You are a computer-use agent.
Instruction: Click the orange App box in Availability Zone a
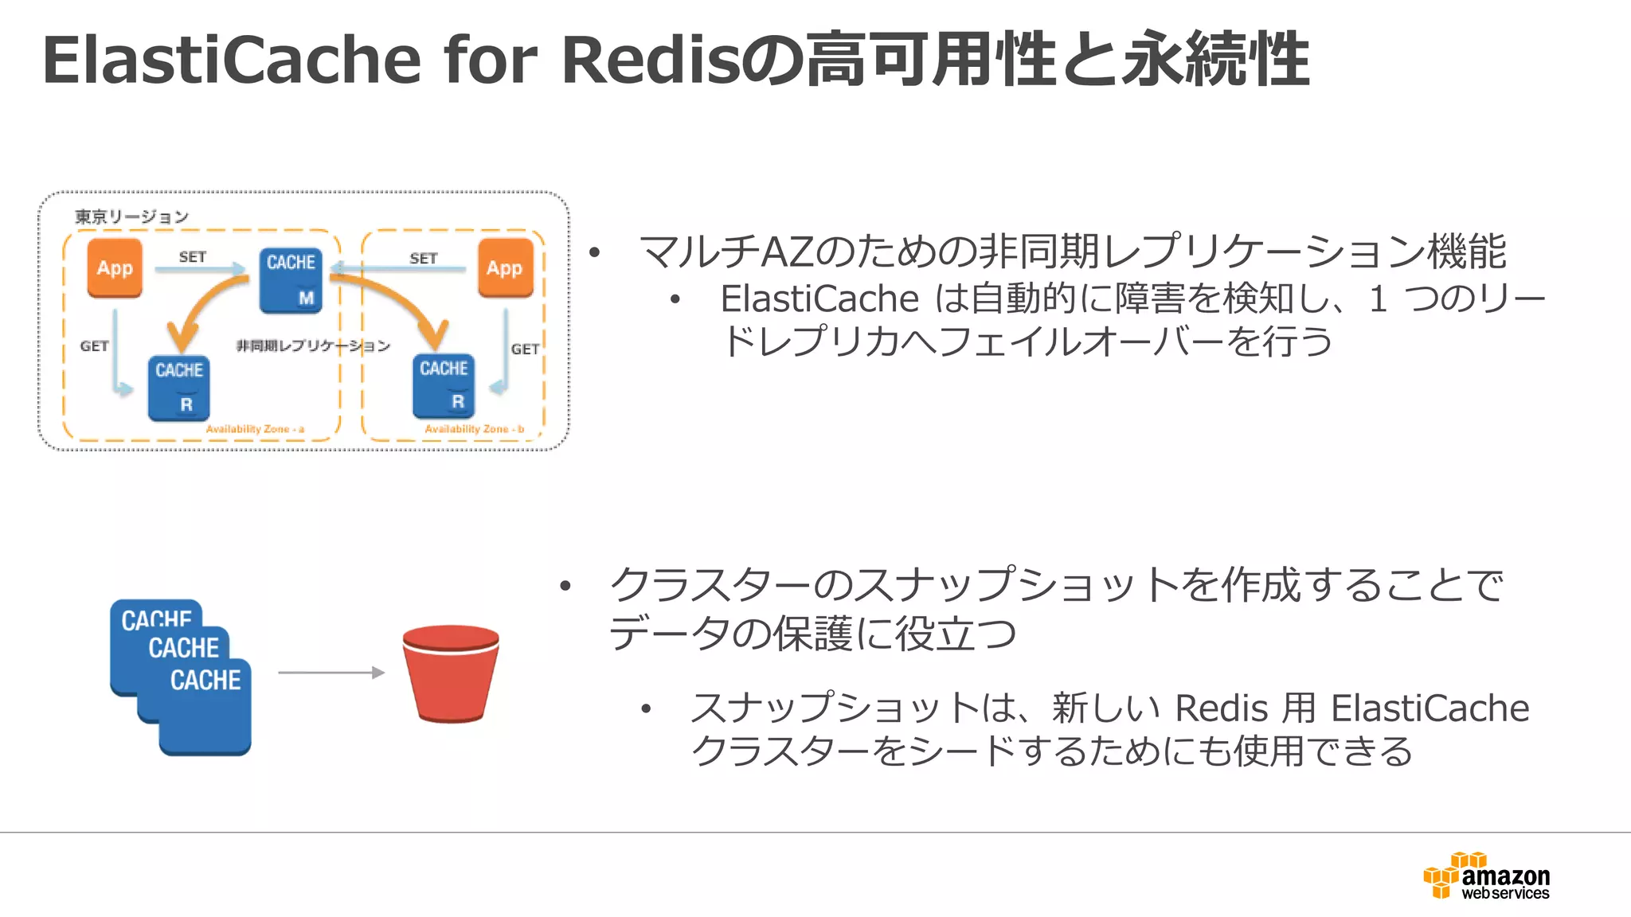click(115, 268)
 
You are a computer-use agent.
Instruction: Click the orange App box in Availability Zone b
click(505, 268)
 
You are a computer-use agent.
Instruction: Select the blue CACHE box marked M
click(291, 280)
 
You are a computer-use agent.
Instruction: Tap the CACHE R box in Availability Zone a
click(179, 388)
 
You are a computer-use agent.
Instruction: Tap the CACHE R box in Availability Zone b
click(444, 386)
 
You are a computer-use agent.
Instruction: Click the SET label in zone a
click(193, 257)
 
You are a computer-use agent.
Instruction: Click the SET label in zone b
click(424, 259)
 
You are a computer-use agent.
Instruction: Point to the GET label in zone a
click(94, 346)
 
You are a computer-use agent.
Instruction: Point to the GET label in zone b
click(525, 349)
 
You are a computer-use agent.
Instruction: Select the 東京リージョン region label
click(132, 217)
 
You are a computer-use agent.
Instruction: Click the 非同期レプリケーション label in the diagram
click(313, 345)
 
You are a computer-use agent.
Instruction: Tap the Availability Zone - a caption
click(255, 429)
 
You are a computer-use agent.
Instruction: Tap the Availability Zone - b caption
click(474, 429)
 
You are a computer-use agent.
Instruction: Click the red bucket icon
click(451, 673)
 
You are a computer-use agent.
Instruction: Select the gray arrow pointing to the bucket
click(331, 673)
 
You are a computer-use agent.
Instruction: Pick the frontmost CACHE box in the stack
click(205, 707)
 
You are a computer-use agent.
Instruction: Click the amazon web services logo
click(1487, 876)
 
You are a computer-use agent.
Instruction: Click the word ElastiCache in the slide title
click(231, 60)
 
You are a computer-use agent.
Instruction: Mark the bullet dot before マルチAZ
click(594, 254)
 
